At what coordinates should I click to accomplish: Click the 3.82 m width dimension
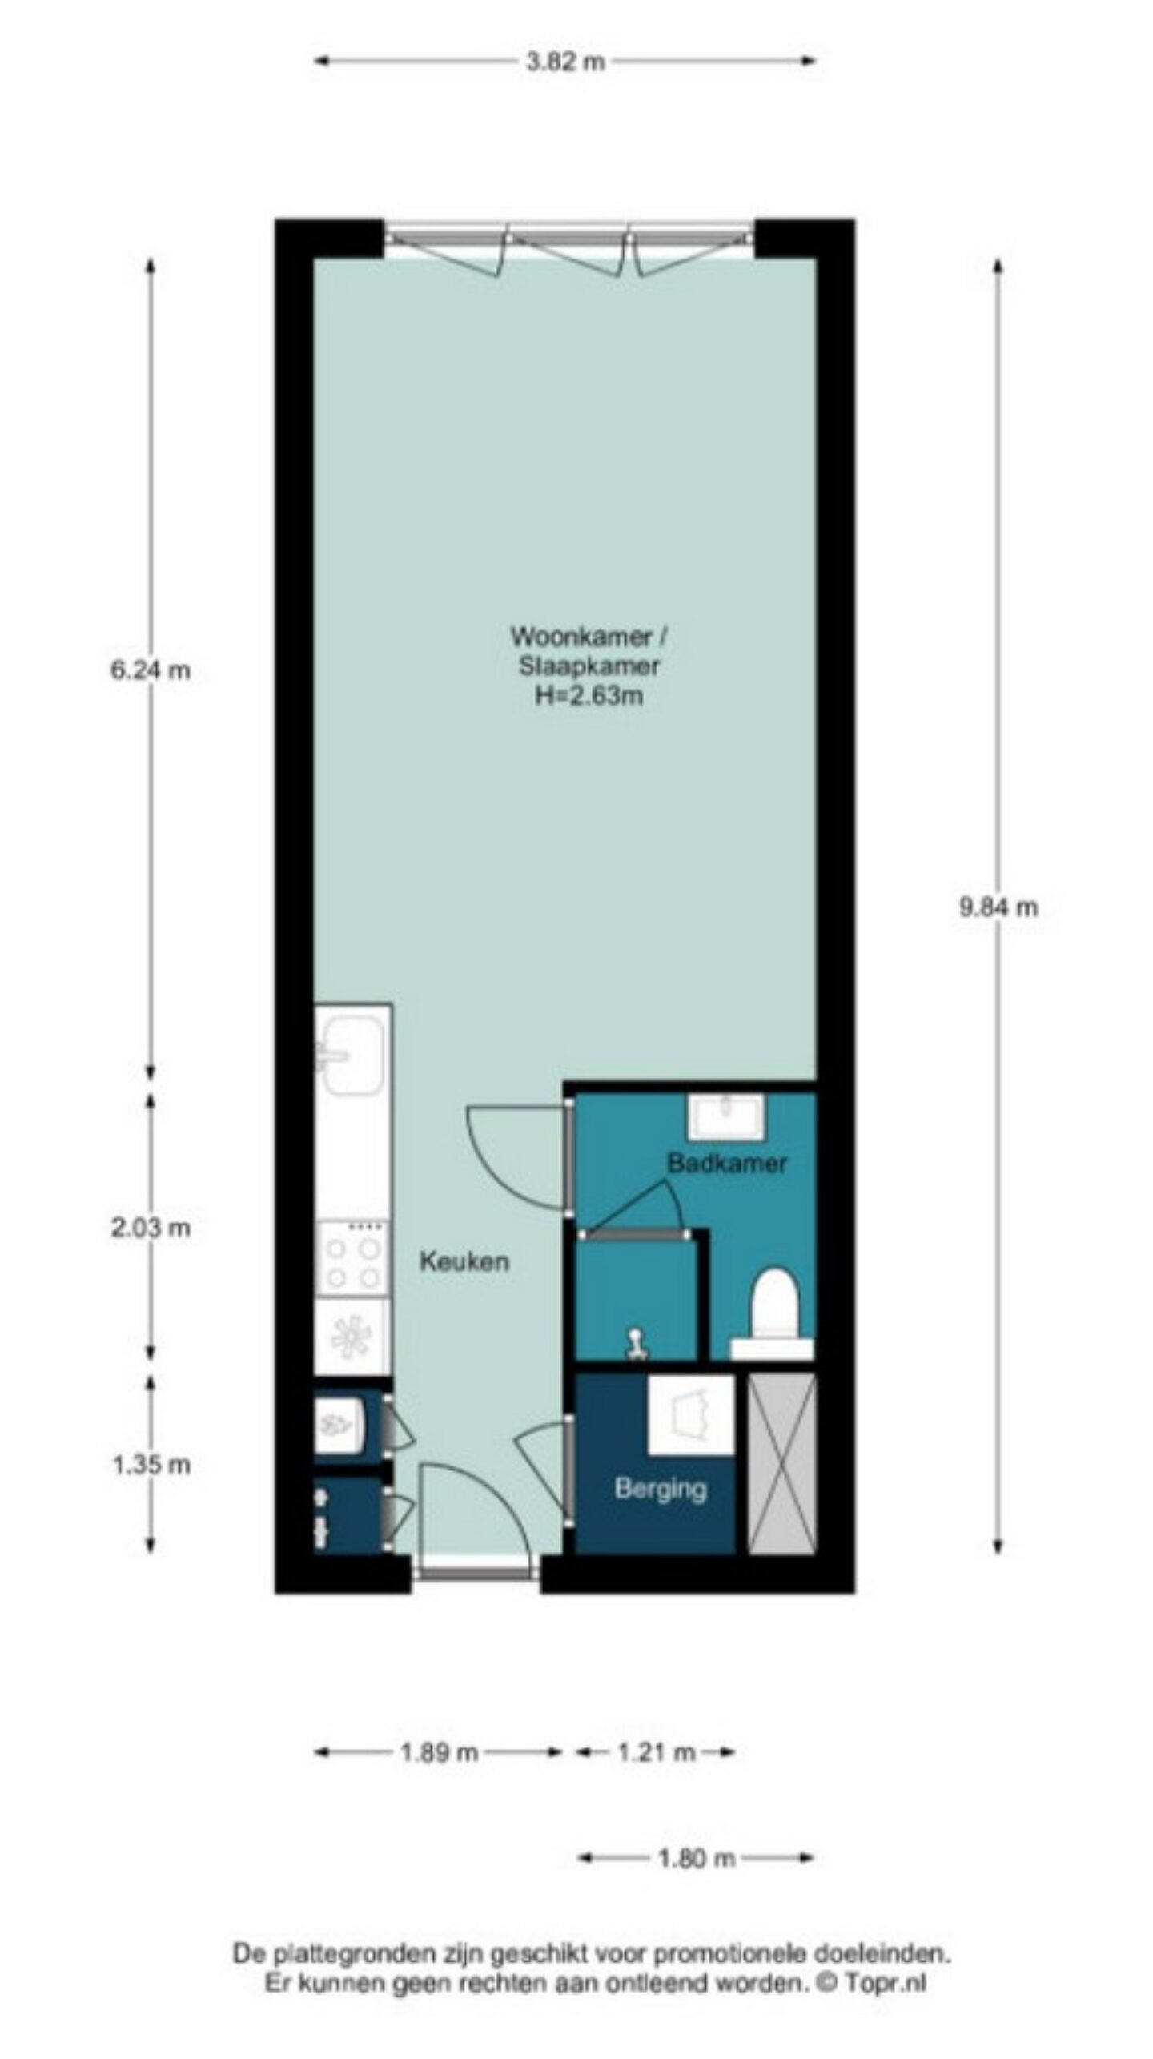pyautogui.click(x=564, y=62)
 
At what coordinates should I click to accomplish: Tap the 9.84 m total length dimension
pyautogui.click(x=998, y=907)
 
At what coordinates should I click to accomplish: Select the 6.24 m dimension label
pyautogui.click(x=151, y=670)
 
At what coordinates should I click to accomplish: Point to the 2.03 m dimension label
pyautogui.click(x=151, y=1227)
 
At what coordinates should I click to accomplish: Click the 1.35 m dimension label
pyautogui.click(x=151, y=1465)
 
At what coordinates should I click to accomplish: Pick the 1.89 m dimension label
pyautogui.click(x=439, y=1753)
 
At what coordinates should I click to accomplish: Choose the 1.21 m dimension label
pyautogui.click(x=656, y=1753)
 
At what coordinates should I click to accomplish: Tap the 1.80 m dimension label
pyautogui.click(x=696, y=1858)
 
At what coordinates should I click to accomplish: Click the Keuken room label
pyautogui.click(x=464, y=1262)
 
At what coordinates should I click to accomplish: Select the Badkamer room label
pyautogui.click(x=727, y=1163)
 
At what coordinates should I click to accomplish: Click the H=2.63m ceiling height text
pyautogui.click(x=589, y=695)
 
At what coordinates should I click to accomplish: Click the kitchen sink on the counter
pyautogui.click(x=351, y=1054)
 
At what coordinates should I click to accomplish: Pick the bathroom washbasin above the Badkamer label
pyautogui.click(x=726, y=1116)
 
